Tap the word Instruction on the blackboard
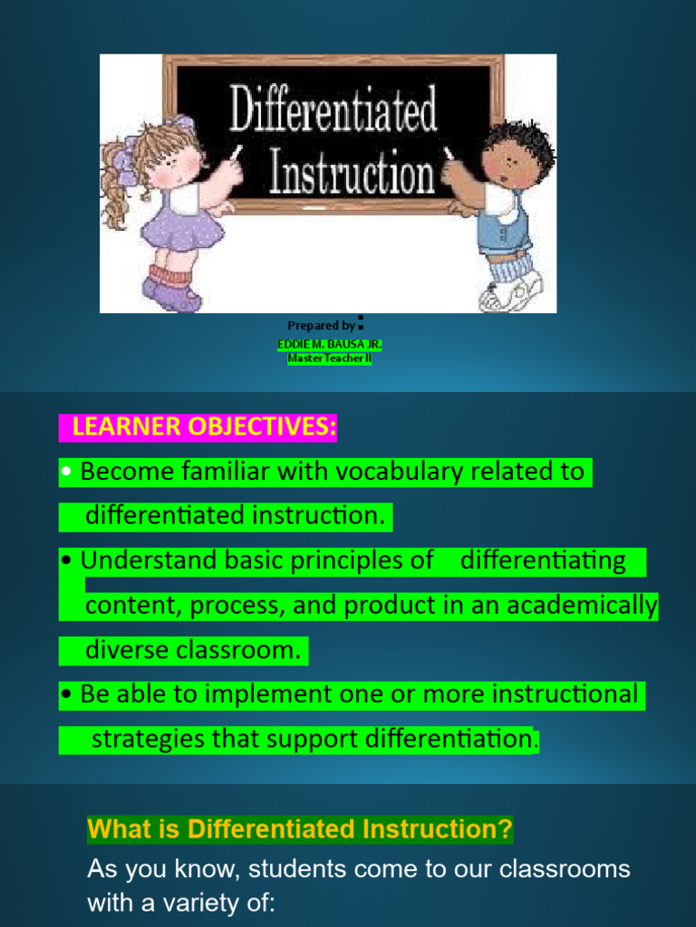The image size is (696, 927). point(352,171)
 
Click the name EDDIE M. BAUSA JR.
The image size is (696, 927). point(330,346)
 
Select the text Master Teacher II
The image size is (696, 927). point(330,358)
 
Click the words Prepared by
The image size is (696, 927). point(321,326)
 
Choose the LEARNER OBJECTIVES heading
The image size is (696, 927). point(198,427)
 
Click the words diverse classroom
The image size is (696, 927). point(193,650)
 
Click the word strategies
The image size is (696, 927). point(150,739)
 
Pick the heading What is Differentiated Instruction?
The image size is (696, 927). point(300,828)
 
